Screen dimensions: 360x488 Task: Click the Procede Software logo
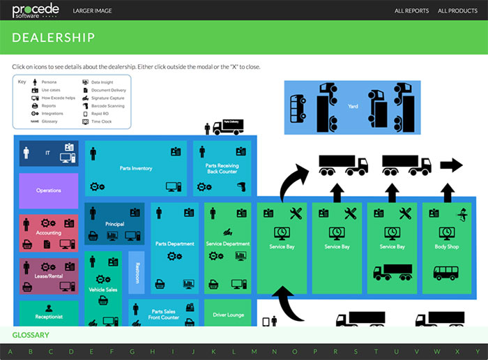36,10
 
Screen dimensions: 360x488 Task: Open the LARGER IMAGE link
92,11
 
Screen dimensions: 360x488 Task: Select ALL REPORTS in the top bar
411,11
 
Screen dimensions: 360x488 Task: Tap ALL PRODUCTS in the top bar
457,11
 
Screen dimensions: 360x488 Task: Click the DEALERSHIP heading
54,38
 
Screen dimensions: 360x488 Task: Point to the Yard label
353,106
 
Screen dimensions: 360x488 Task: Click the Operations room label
49,190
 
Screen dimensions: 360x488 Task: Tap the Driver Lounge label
227,315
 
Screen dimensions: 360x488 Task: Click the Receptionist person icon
49,308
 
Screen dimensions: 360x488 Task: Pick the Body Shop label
447,246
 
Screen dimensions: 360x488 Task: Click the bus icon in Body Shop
447,273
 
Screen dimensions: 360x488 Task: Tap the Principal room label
115,223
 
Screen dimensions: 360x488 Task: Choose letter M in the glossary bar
254,351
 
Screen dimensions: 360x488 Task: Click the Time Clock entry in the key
101,121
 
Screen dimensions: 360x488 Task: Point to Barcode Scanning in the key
107,106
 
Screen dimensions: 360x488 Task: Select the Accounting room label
49,233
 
